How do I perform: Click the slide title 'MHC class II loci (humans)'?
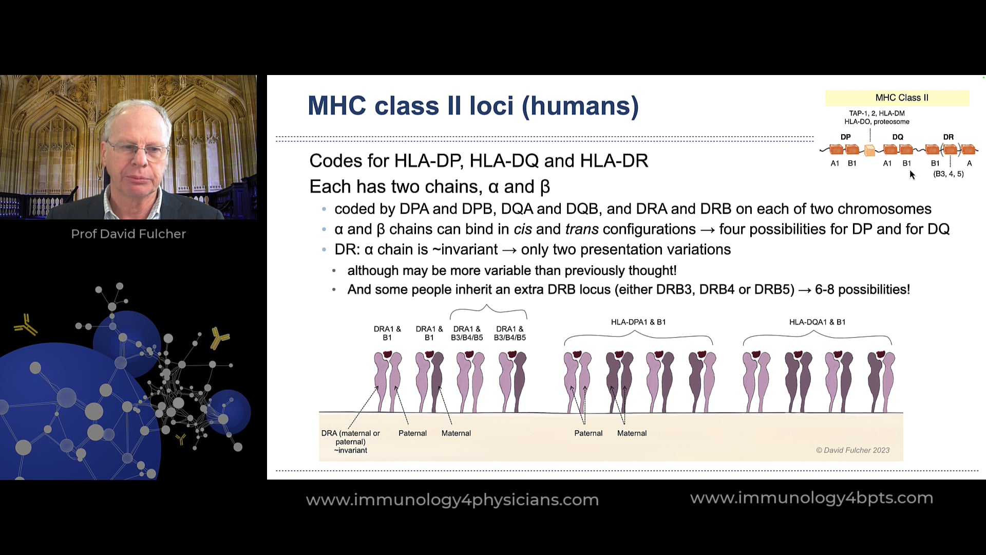[473, 106]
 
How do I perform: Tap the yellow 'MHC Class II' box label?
[902, 98]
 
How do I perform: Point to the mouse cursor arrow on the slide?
[912, 175]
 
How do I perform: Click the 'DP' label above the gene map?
[845, 137]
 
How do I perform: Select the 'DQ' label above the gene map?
[898, 137]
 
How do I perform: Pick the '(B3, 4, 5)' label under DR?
[948, 174]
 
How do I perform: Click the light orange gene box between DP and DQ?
[869, 150]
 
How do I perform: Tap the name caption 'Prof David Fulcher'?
[128, 234]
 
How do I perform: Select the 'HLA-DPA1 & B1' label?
[638, 322]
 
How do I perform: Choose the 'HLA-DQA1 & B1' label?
[817, 322]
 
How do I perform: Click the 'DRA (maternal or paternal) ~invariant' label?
[351, 441]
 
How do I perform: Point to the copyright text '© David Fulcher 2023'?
[852, 450]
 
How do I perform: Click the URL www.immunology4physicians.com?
[452, 500]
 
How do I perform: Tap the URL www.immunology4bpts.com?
[811, 498]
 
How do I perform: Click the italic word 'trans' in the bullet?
[582, 229]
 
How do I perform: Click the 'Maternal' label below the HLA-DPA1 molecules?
[632, 433]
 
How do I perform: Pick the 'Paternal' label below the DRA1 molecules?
[412, 433]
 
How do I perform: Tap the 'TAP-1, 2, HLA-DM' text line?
[877, 113]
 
